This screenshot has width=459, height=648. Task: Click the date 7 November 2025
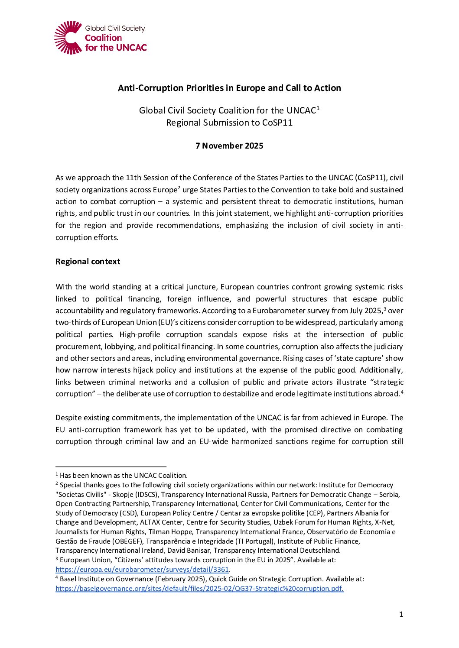pyautogui.click(x=229, y=146)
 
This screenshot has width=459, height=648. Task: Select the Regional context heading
pyautogui.click(x=88, y=262)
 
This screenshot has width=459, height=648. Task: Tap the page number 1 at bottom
pyautogui.click(x=401, y=614)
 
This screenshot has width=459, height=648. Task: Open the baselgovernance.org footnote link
pyautogui.click(x=199, y=589)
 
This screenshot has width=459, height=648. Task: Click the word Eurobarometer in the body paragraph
pyautogui.click(x=279, y=311)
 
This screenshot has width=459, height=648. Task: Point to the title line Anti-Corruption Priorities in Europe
pyautogui.click(x=229, y=88)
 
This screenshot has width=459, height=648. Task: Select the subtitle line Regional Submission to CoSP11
pyautogui.click(x=229, y=123)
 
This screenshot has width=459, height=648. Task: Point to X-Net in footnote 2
pyautogui.click(x=384, y=522)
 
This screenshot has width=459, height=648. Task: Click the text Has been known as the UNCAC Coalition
pyautogui.click(x=124, y=476)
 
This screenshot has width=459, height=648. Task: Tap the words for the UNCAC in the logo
pyautogui.click(x=116, y=48)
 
